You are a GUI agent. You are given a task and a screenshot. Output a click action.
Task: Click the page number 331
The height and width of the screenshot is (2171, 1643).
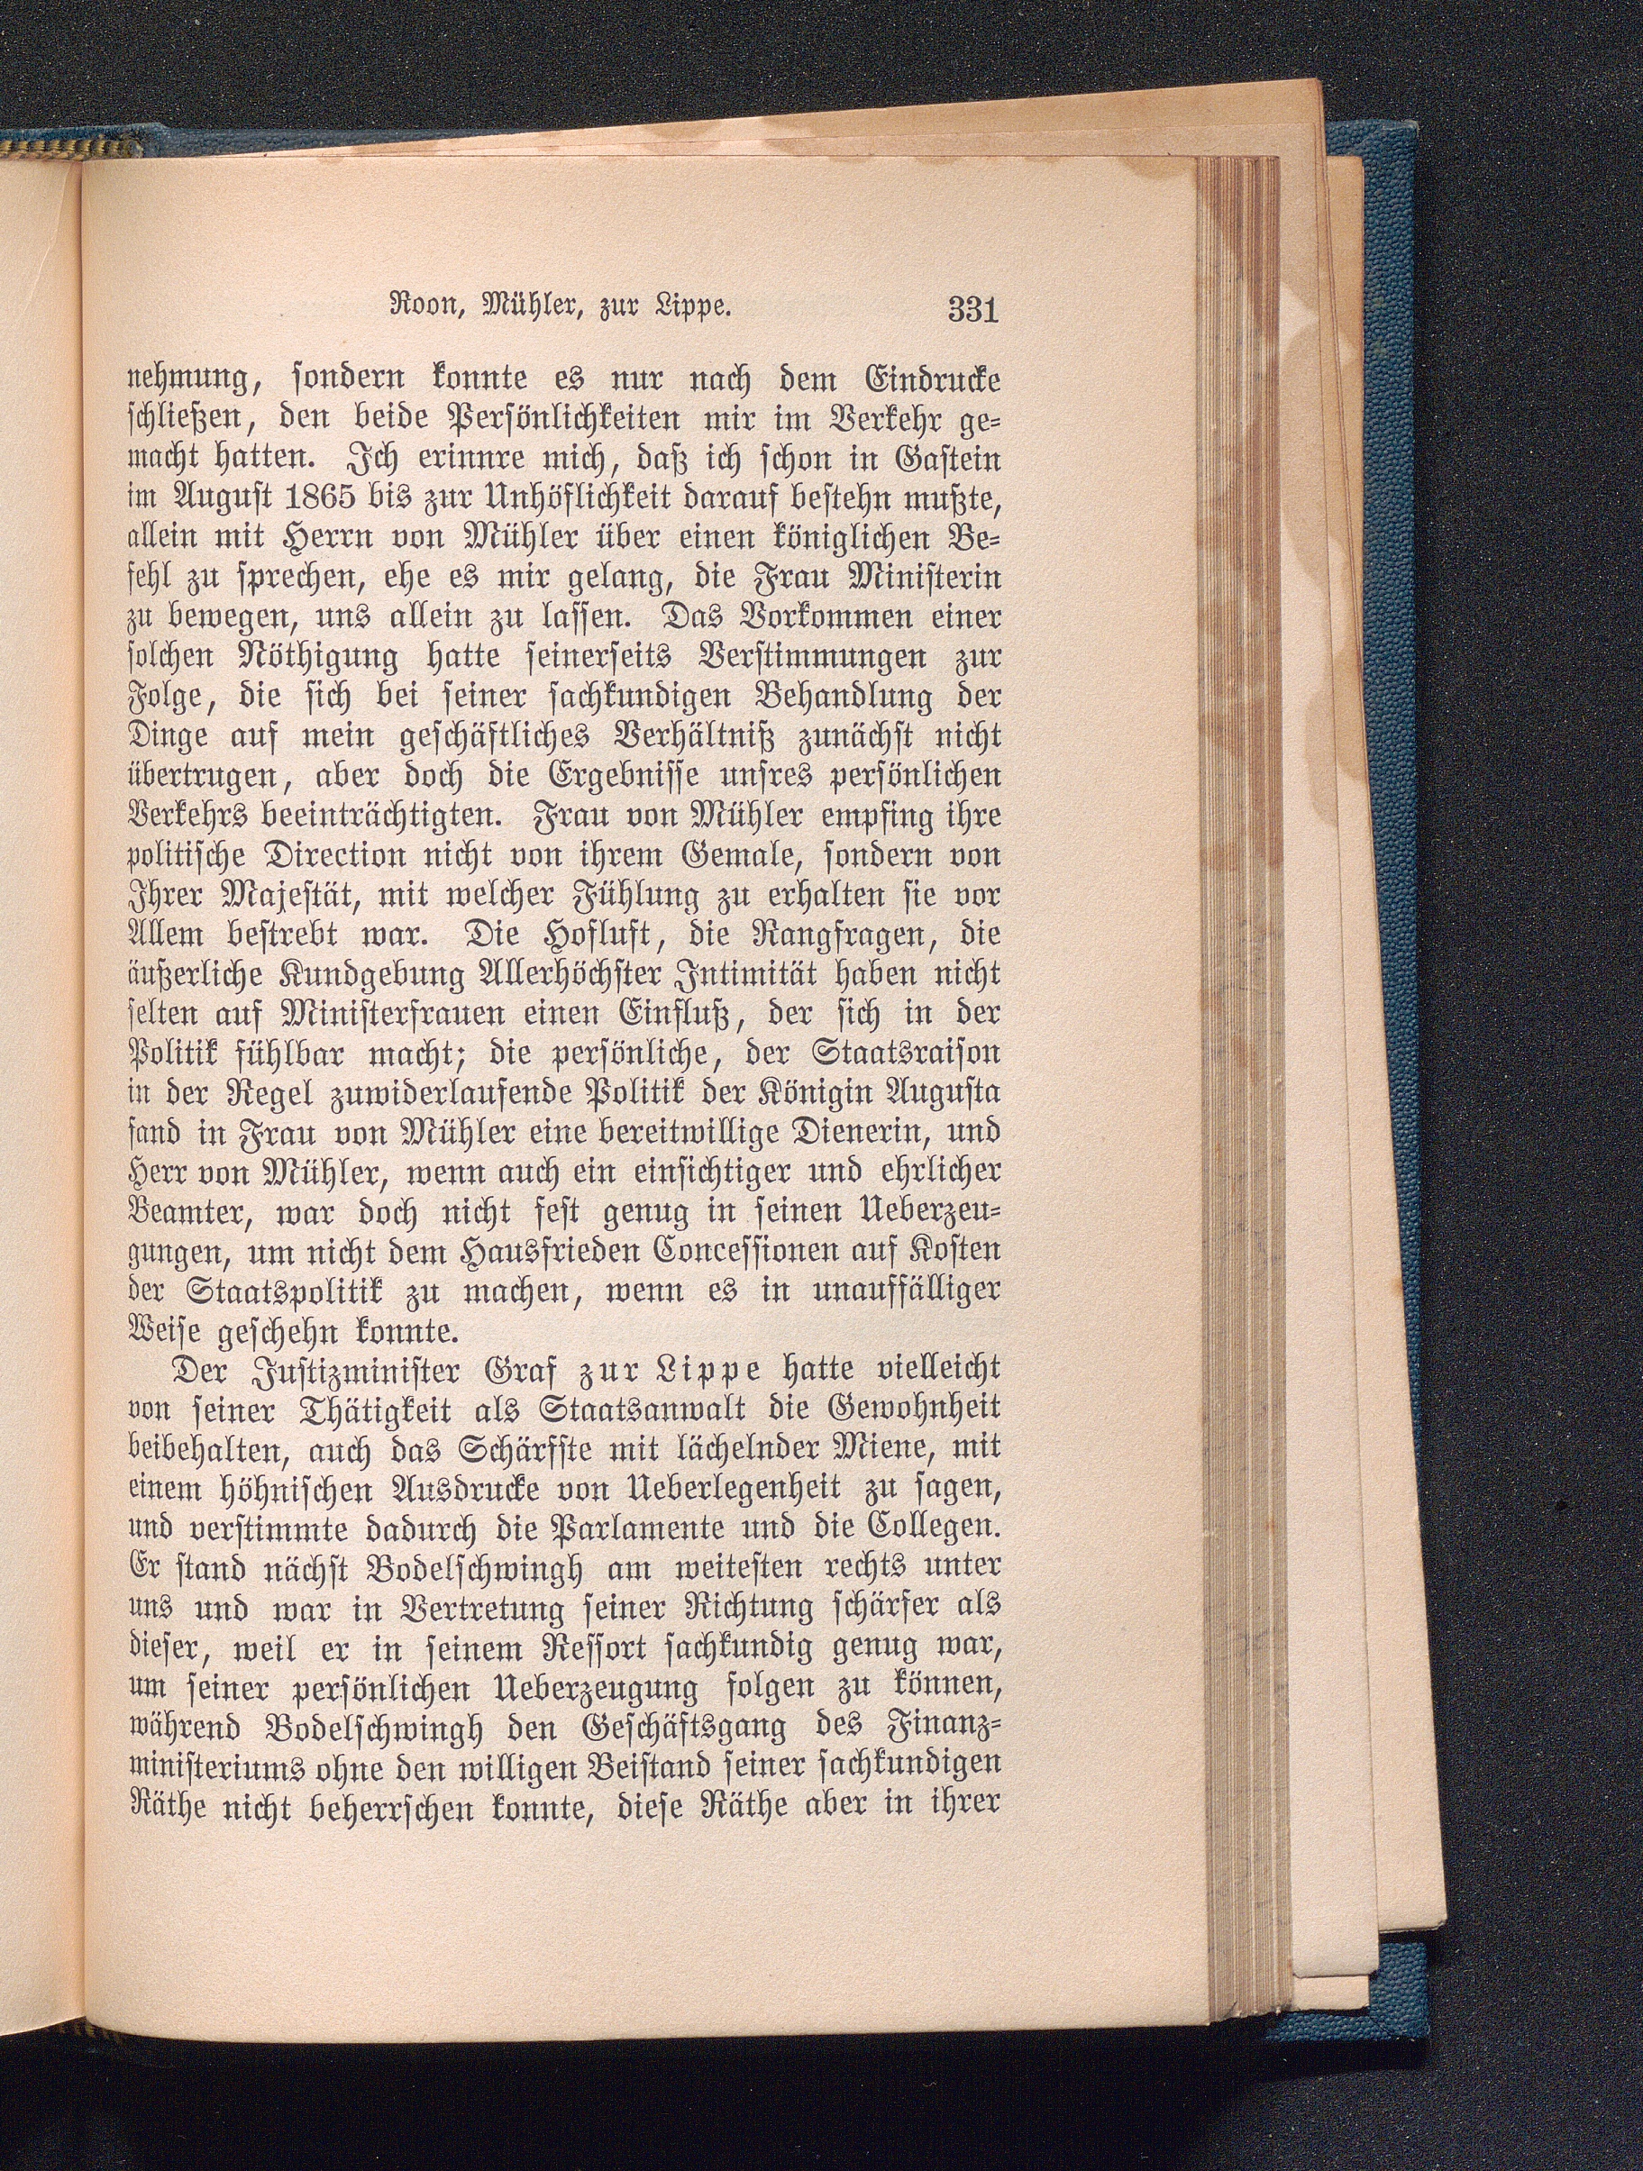972,309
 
